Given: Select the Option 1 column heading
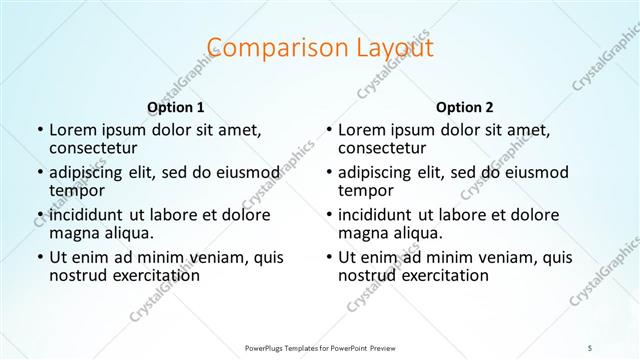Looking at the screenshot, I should click(175, 107).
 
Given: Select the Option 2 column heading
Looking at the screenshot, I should click(464, 107).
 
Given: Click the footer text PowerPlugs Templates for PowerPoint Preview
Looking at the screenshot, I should click(319, 347).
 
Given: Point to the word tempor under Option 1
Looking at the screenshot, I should click(76, 191).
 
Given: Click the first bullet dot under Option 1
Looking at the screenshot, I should click(38, 130).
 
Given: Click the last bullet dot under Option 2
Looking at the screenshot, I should click(328, 258).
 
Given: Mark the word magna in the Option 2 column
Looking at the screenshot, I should click(362, 233).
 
